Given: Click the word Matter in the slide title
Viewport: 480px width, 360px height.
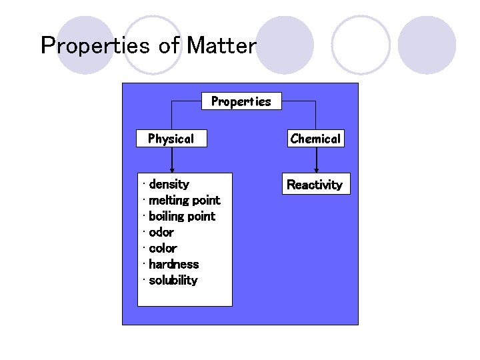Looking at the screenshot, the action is click(x=221, y=46).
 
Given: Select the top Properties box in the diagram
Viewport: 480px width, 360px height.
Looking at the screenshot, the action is click(x=241, y=101).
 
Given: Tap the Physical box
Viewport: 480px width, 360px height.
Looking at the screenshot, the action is click(x=171, y=139).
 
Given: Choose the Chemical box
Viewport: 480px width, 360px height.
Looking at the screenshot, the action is click(x=315, y=139).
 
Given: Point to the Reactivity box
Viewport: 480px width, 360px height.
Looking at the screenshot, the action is click(x=315, y=185).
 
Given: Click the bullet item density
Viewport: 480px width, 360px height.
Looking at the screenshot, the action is click(x=169, y=184).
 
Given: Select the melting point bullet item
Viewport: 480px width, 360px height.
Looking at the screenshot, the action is click(x=184, y=200).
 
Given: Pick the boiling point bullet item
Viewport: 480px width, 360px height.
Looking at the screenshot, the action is click(x=182, y=216).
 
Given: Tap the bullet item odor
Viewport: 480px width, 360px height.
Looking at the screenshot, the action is click(x=161, y=232).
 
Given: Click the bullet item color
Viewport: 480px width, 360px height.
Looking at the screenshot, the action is click(x=163, y=248).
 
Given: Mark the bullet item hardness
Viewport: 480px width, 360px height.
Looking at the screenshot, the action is click(x=173, y=264).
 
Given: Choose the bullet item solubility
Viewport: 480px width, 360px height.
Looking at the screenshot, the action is click(x=173, y=280).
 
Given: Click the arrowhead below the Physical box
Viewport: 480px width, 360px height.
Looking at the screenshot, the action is click(x=172, y=169).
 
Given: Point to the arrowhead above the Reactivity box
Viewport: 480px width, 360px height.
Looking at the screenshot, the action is click(x=316, y=169).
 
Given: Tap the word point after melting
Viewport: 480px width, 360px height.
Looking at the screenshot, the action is click(x=206, y=200).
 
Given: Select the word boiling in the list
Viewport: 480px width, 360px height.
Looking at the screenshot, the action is click(x=168, y=216).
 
